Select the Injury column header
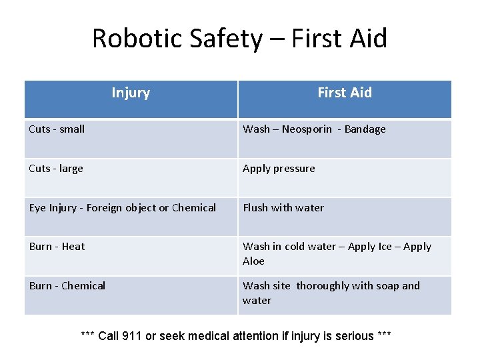coord(131,93)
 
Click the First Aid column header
coord(345,93)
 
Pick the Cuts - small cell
coord(57,129)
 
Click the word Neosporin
coord(307,129)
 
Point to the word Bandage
coord(365,129)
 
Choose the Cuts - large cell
coord(56,169)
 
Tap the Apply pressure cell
coord(279,169)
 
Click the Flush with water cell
coord(283,208)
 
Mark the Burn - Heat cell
coord(57,247)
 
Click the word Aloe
coord(253,261)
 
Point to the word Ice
coord(385,247)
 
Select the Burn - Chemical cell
coord(67,286)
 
